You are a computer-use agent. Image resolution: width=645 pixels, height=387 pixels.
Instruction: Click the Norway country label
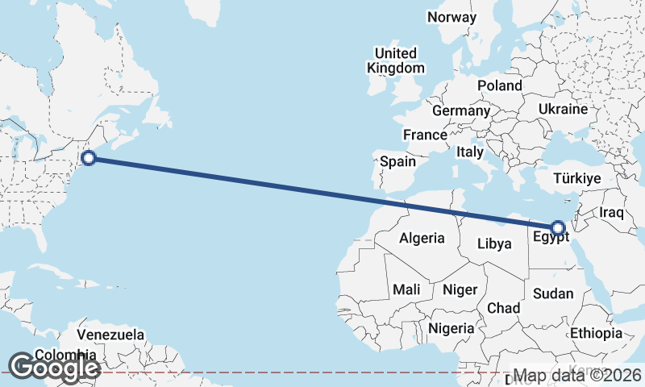coord(451,17)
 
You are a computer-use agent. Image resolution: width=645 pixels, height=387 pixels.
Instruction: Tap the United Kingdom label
coord(395,60)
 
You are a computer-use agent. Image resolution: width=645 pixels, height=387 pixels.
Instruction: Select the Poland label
coord(500,85)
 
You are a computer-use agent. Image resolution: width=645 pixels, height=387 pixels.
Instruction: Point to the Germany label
coord(461,110)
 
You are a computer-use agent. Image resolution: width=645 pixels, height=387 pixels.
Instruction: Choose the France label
coord(425,135)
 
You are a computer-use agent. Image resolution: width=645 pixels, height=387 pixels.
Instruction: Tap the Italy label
coord(470,151)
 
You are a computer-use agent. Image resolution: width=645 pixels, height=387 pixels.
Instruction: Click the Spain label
coord(398,161)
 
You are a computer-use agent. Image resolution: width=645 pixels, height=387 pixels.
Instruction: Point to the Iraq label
coord(612,213)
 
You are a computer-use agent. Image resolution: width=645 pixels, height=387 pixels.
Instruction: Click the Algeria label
coord(422,238)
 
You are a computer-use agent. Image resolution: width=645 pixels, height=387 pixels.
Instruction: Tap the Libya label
coord(495,243)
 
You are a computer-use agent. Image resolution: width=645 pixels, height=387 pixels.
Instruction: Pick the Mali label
coord(406,289)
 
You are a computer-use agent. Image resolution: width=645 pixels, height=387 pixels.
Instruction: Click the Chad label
coord(503,308)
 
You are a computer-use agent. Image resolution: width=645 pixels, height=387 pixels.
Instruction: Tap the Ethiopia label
coord(596,332)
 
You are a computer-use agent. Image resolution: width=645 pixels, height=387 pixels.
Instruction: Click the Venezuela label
coord(110,335)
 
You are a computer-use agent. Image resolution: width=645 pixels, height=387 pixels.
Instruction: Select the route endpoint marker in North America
coord(89,158)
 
